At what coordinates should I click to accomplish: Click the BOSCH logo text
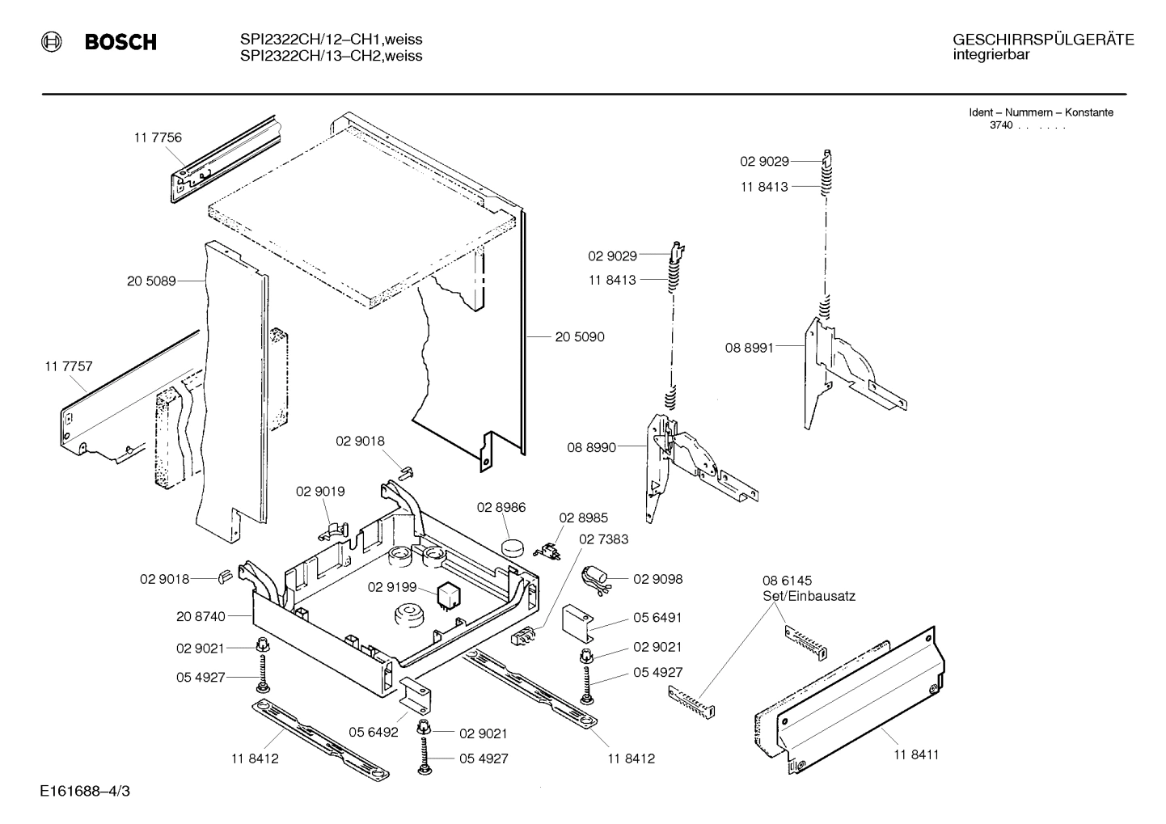pyautogui.click(x=120, y=43)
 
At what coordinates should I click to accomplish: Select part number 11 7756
pyautogui.click(x=158, y=137)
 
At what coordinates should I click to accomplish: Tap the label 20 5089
pyautogui.click(x=151, y=281)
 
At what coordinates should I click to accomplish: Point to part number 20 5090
pyautogui.click(x=579, y=336)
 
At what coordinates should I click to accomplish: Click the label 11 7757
pyautogui.click(x=69, y=366)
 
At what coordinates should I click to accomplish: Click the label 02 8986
pyautogui.click(x=501, y=508)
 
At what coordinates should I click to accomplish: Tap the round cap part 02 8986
pyautogui.click(x=511, y=545)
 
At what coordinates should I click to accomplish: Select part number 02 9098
pyautogui.click(x=658, y=579)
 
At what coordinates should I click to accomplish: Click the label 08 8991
pyautogui.click(x=749, y=348)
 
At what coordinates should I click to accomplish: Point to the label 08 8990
pyautogui.click(x=591, y=447)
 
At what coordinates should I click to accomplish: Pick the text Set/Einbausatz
pyautogui.click(x=809, y=596)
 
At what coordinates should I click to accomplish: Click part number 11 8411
pyautogui.click(x=916, y=754)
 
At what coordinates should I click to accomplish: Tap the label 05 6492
pyautogui.click(x=374, y=733)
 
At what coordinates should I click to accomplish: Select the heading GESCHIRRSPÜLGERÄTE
pyautogui.click(x=1042, y=40)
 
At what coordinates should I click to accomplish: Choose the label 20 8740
pyautogui.click(x=201, y=616)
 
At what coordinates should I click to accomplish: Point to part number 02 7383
pyautogui.click(x=604, y=539)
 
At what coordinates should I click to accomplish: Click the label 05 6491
pyautogui.click(x=657, y=617)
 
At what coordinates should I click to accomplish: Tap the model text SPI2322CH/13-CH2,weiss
pyautogui.click(x=331, y=56)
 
